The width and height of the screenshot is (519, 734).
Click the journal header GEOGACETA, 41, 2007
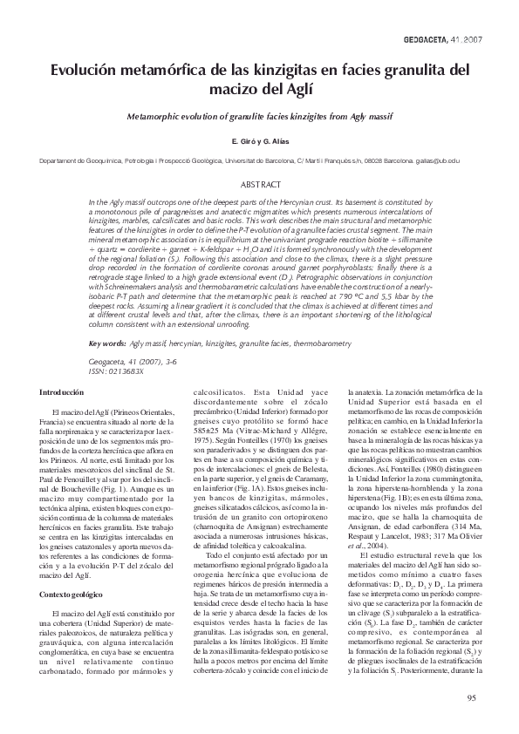(x=446, y=41)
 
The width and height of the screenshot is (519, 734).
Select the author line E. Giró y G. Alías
(x=259, y=140)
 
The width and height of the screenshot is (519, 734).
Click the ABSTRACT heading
(x=259, y=185)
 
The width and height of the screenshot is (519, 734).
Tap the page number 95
(x=471, y=697)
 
